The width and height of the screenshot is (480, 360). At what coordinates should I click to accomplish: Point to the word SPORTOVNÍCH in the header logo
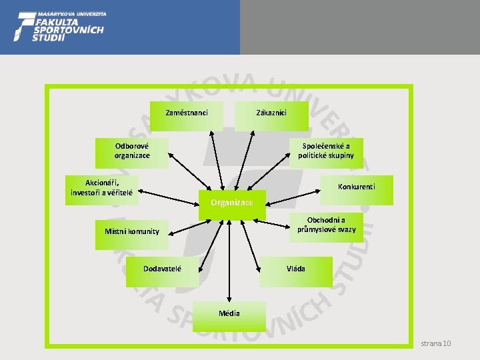click(68, 29)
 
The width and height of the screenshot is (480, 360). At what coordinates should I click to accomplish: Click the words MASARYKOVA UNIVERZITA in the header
click(72, 13)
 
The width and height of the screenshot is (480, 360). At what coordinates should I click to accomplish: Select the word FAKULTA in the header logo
click(61, 21)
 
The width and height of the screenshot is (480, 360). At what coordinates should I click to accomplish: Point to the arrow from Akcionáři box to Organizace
click(170, 196)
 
